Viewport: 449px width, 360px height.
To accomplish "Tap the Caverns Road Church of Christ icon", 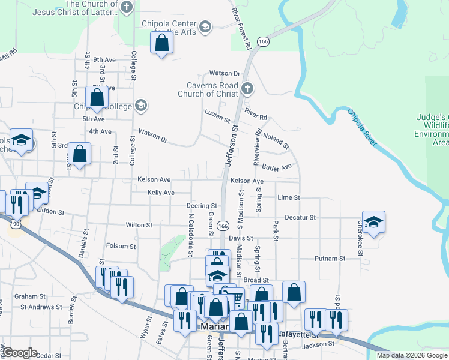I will point(247,89).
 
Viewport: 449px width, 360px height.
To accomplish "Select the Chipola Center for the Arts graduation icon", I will point(205,26).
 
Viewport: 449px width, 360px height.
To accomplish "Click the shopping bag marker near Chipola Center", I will point(161,43).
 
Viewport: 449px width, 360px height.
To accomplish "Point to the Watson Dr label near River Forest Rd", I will point(220,73).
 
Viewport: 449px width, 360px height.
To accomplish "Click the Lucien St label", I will point(217,115).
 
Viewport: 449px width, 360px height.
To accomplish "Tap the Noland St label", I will point(277,141).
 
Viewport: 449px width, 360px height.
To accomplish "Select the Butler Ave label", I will point(277,166).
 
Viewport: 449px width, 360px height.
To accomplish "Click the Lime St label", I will point(289,197).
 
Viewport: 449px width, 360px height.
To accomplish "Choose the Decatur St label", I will point(300,217).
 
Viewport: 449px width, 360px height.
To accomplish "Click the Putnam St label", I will point(330,259).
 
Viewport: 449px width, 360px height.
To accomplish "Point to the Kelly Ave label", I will point(161,193).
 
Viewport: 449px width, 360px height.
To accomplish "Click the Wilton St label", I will point(139,225).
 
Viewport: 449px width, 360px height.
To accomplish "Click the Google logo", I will point(20,353).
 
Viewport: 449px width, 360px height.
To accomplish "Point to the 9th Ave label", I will point(104,60).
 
